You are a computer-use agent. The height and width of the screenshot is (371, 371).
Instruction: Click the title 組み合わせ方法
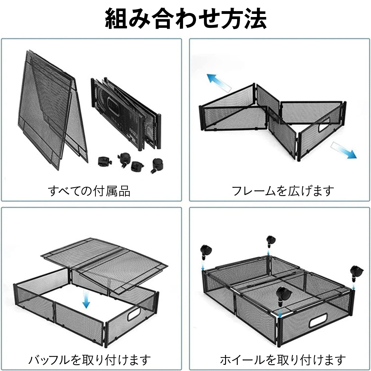pos(185,19)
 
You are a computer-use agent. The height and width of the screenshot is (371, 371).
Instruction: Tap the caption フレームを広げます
pos(283,191)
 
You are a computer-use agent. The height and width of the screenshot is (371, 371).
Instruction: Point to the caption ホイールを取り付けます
pos(283,360)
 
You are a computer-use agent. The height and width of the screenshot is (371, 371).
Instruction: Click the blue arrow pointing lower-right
pos(343,151)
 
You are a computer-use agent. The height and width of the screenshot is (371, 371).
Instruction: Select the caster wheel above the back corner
pos(271,242)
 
